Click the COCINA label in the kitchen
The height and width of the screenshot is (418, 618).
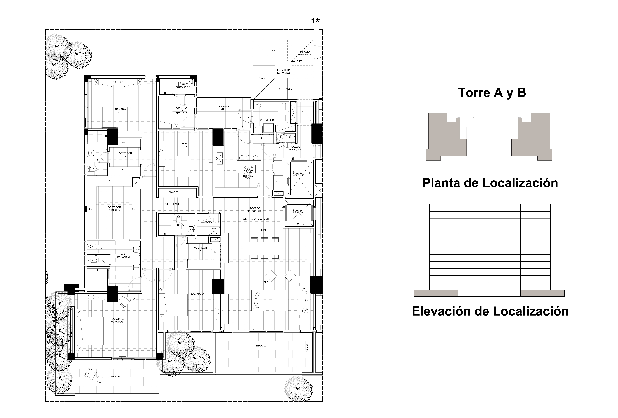click(x=248, y=176)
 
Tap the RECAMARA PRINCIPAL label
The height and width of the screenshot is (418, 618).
click(x=117, y=320)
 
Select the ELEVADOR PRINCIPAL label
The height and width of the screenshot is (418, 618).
click(x=298, y=211)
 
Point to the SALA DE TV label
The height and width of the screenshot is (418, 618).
click(x=186, y=144)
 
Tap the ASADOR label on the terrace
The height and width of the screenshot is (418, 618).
click(x=307, y=348)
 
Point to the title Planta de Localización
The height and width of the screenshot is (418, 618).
click(x=490, y=183)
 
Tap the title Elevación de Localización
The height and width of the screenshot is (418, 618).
click(x=490, y=311)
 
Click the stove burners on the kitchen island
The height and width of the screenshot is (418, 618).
click(x=248, y=169)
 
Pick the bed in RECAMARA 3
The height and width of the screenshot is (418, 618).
click(x=173, y=305)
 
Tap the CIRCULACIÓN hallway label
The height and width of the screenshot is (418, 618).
click(x=174, y=204)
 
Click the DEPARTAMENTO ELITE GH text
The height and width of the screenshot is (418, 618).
click(x=255, y=219)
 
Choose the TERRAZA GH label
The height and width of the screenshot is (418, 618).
click(x=223, y=108)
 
